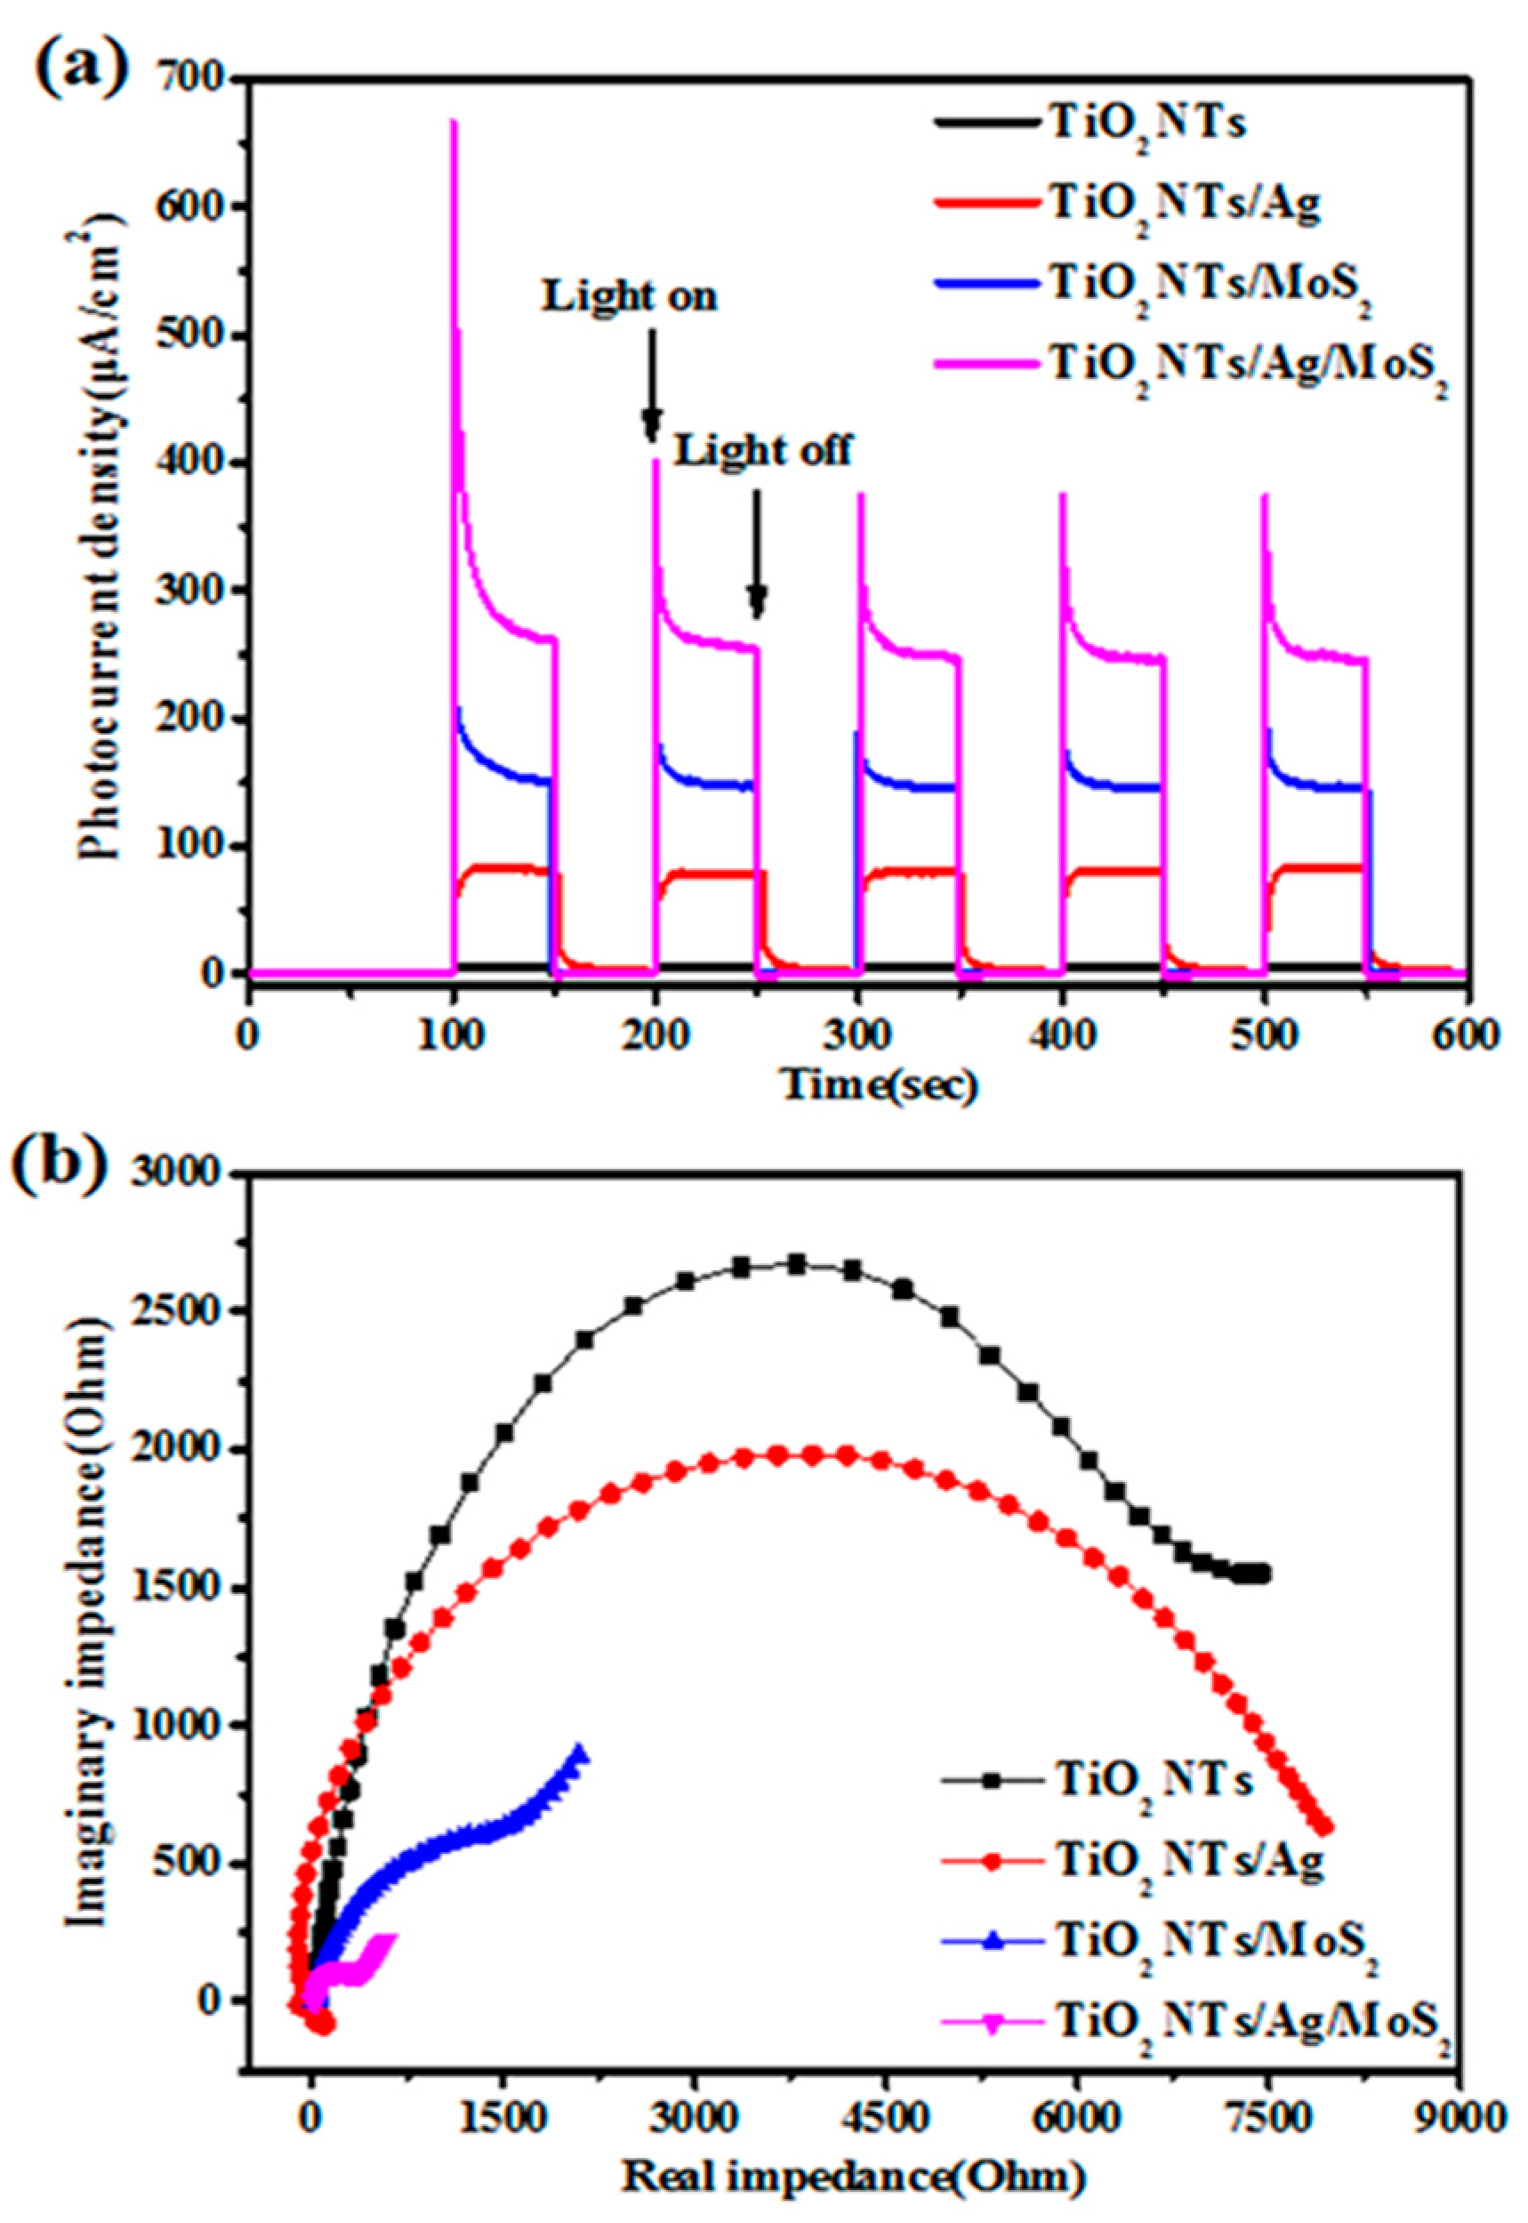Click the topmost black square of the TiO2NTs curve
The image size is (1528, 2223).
point(797,1265)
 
